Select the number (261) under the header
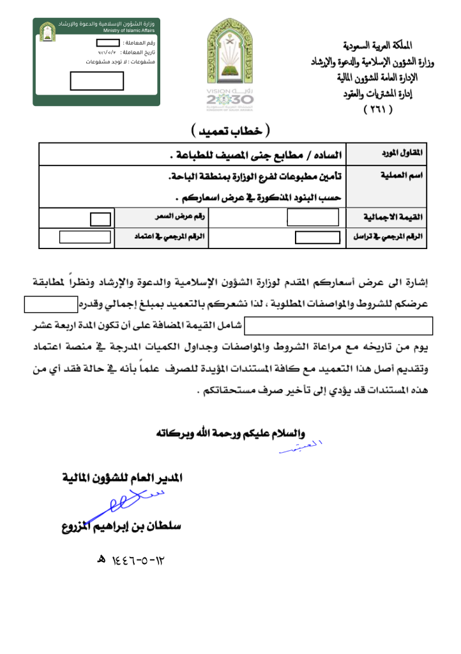(x=378, y=109)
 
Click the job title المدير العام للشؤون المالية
(x=122, y=477)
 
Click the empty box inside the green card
(x=96, y=82)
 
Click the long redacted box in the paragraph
(x=340, y=325)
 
